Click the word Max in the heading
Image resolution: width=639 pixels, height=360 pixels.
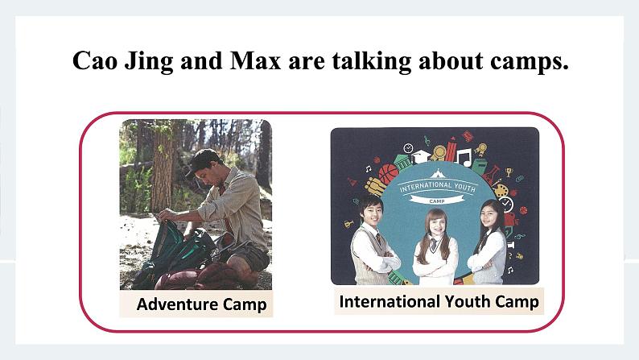click(255, 60)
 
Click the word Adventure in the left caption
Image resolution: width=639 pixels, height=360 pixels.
click(177, 304)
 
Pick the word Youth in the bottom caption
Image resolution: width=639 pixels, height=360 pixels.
click(467, 302)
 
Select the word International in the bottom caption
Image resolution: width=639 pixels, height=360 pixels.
click(390, 302)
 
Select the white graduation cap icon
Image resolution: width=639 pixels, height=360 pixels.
click(421, 156)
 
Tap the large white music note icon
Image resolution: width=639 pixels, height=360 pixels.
click(464, 157)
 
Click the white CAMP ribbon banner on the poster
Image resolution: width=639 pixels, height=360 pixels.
click(437, 200)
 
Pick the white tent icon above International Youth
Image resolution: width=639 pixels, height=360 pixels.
click(437, 174)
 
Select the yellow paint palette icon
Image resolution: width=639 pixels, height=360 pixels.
click(501, 191)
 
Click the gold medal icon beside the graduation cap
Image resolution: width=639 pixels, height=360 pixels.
click(439, 153)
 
